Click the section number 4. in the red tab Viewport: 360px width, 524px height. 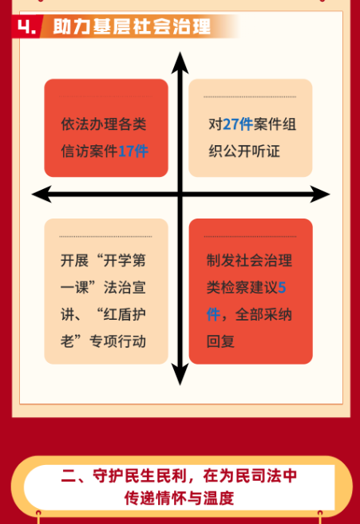pyautogui.click(x=26, y=26)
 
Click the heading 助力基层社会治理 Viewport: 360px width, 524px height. pyautogui.click(x=132, y=26)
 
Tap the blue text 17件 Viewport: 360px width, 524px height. pyautogui.click(x=133, y=152)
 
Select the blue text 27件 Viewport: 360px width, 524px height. pyautogui.click(x=238, y=124)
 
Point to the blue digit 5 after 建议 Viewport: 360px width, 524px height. pyautogui.click(x=282, y=287)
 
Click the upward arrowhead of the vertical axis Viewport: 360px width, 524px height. pyautogui.click(x=180, y=63)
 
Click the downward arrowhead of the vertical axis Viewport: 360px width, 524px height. pyautogui.click(x=180, y=374)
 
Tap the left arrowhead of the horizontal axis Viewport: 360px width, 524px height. pyautogui.click(x=42, y=194)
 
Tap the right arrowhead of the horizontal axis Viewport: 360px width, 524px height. pyautogui.click(x=320, y=194)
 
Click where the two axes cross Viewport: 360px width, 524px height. pyautogui.click(x=180, y=194)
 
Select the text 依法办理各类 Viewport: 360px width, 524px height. pyautogui.click(x=104, y=124)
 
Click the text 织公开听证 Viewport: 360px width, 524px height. pyautogui.click(x=244, y=152)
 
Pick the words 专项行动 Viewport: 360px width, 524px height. pyautogui.click(x=117, y=341)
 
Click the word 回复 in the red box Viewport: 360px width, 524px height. pyautogui.click(x=220, y=341)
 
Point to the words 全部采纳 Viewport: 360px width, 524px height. pyautogui.click(x=263, y=314)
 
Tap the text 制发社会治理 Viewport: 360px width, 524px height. pyautogui.click(x=249, y=261)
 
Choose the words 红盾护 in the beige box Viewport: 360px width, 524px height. pyautogui.click(x=125, y=314)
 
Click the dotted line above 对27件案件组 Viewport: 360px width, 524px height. pyautogui.click(x=250, y=97)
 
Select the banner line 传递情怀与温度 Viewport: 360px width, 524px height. pyautogui.click(x=179, y=498)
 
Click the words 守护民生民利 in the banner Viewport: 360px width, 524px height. pyautogui.click(x=140, y=476)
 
